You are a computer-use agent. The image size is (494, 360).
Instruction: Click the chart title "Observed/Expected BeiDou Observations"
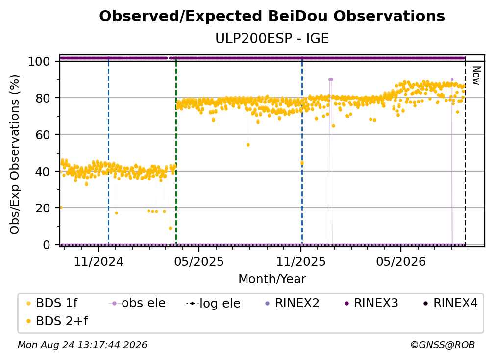[272, 16]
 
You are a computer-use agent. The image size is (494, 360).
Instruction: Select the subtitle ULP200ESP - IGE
[272, 39]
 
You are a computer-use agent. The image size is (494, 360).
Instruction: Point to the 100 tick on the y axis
[39, 61]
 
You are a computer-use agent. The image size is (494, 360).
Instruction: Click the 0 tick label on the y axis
[47, 245]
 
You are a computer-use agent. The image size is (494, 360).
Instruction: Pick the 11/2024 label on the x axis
[99, 262]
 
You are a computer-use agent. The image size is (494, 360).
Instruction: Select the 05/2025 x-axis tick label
[199, 262]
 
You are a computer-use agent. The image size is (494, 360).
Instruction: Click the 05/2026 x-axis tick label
[401, 262]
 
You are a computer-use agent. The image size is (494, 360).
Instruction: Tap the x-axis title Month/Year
[272, 279]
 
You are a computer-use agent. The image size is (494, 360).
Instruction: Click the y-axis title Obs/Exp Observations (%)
[15, 154]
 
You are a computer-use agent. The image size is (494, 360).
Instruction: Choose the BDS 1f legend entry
[52, 303]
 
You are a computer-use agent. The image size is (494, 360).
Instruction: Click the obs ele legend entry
[137, 303]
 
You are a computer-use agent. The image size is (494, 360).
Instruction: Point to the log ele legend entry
[213, 304]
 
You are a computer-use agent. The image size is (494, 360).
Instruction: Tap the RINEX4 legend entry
[450, 303]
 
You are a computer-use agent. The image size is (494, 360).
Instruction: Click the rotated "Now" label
[476, 76]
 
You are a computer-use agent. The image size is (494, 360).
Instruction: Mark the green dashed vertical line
[176, 151]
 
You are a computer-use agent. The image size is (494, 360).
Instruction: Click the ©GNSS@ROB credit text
[443, 345]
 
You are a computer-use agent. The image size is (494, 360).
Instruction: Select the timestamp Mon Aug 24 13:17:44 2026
[82, 345]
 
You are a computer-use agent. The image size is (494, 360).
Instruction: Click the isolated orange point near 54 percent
[248, 145]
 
